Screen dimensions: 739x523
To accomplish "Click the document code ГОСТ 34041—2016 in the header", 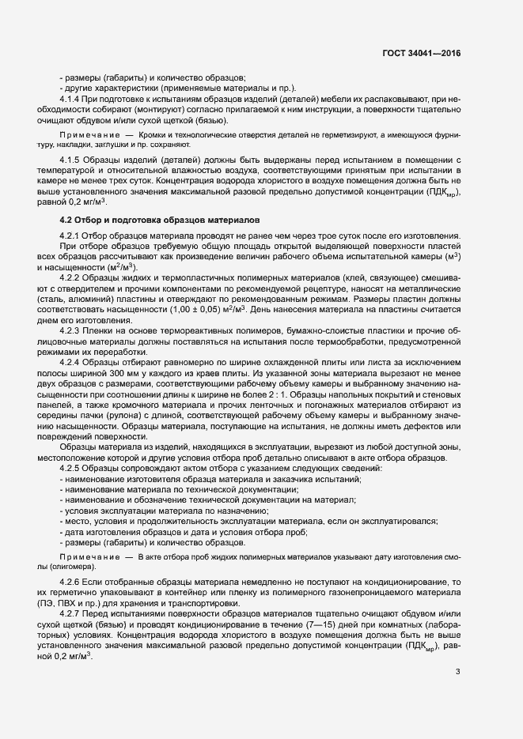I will point(419,54).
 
